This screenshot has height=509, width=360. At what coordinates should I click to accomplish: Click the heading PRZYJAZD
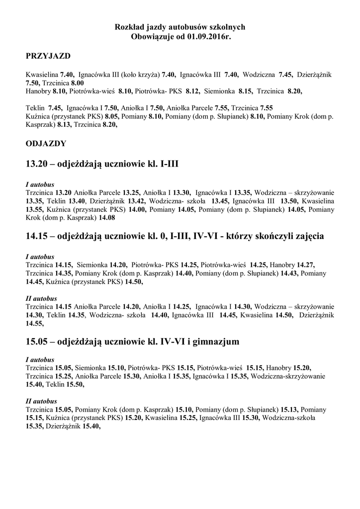click(x=48, y=56)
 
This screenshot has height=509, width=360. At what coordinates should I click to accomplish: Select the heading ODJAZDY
click(x=46, y=144)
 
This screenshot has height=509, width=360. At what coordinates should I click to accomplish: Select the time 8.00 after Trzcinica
click(x=77, y=83)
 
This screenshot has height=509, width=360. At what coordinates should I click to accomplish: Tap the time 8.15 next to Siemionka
click(x=246, y=91)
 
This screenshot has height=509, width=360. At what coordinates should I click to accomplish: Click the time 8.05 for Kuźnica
click(x=111, y=116)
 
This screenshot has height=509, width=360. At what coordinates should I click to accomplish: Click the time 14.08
click(x=107, y=218)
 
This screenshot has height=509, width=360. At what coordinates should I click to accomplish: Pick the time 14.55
click(x=34, y=323)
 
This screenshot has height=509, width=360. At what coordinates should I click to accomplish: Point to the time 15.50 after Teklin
click(x=75, y=385)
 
